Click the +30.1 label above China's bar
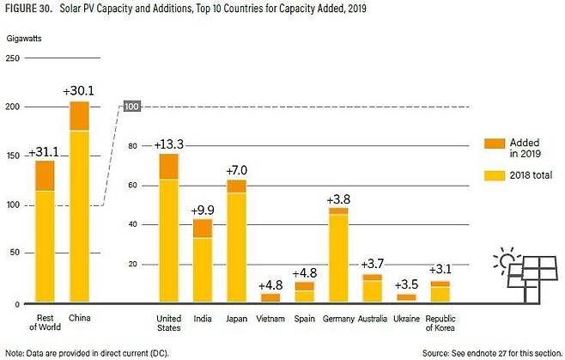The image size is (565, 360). point(79,91)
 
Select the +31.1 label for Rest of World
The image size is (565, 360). point(43,152)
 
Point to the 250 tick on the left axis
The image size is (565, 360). point(13,58)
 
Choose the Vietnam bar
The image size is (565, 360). point(270,297)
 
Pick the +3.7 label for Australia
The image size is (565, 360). point(372,264)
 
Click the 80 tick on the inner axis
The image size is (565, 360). point(133,146)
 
